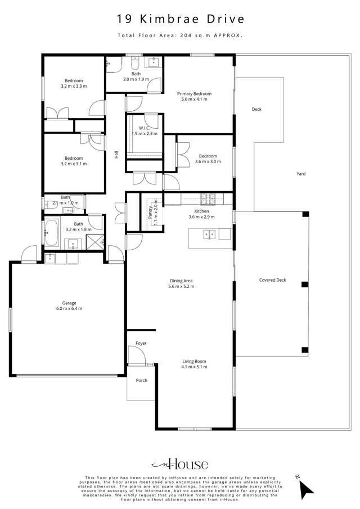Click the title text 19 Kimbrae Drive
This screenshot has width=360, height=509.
[x=180, y=19]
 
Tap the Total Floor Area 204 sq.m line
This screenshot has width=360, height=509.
[x=180, y=35]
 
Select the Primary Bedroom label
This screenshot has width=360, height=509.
[x=194, y=96]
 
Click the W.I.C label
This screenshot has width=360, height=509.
[x=145, y=130]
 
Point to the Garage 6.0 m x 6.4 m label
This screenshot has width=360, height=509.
[x=69, y=305]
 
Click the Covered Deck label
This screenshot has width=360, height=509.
[x=273, y=280]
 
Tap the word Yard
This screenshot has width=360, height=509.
[x=301, y=174]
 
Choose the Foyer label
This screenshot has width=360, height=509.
[x=141, y=343]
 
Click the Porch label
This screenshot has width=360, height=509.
[x=142, y=380]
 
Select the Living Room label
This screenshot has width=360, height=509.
[x=194, y=364]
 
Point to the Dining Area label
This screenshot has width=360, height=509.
[x=181, y=283]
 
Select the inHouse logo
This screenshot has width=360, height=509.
[x=180, y=464]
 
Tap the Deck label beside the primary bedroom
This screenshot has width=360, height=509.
[x=256, y=109]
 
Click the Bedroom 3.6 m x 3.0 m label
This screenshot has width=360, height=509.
[x=208, y=159]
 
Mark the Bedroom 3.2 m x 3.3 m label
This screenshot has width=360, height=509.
[x=73, y=83]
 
